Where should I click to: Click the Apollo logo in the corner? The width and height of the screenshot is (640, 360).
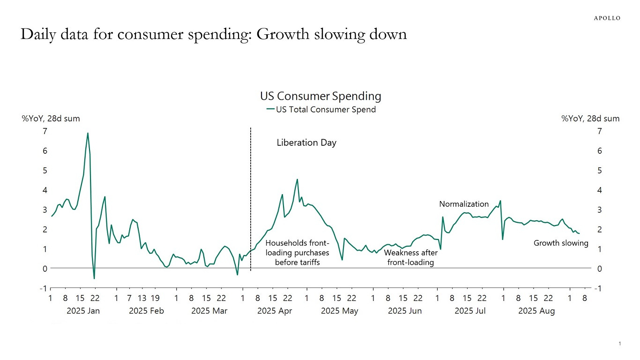(607, 18)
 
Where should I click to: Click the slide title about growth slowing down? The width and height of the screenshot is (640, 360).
(213, 35)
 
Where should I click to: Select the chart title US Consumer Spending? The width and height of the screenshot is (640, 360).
(320, 96)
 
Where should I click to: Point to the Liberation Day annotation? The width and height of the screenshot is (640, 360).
(306, 143)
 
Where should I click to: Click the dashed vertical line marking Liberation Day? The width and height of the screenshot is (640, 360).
(251, 197)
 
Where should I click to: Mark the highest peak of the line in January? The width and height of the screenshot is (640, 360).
(88, 133)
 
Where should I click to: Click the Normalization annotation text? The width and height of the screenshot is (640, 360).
(463, 204)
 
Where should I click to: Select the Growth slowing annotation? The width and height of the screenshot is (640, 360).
(561, 243)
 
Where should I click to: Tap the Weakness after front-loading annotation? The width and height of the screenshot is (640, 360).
(410, 258)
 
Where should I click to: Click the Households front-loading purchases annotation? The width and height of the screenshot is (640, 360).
(297, 253)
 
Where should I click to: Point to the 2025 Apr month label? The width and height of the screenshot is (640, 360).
(275, 311)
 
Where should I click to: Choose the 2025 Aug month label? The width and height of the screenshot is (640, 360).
(536, 311)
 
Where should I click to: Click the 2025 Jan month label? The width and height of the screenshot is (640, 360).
(83, 311)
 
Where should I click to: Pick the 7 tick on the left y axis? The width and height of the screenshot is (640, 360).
(45, 131)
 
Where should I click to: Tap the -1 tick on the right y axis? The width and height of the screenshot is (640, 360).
(597, 288)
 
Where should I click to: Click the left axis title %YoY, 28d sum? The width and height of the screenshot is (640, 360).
(51, 119)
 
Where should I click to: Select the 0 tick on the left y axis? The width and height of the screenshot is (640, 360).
(45, 269)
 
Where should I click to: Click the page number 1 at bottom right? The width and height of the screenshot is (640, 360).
(619, 344)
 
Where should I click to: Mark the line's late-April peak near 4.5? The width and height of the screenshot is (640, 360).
(297, 179)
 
